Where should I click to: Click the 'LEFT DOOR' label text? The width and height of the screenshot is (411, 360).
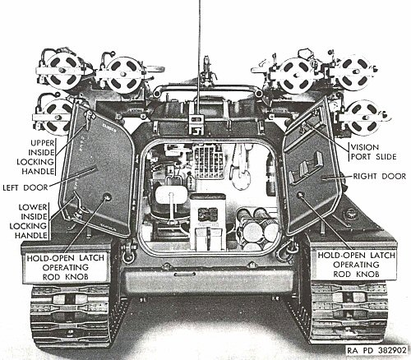pos(25,187)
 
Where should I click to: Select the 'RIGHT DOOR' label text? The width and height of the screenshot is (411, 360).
pos(380,176)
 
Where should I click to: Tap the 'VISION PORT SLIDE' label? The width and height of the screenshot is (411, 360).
pos(374,152)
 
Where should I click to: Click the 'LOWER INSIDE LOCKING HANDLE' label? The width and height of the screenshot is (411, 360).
pos(30,221)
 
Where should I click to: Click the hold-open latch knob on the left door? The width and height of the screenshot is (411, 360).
pos(107,196)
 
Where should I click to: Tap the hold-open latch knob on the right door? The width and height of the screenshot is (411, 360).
pos(301,195)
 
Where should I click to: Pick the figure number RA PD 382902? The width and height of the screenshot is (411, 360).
pos(376,350)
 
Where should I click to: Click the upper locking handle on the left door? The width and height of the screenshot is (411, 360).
pos(88,119)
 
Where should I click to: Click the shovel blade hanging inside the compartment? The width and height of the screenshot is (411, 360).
pos(242,178)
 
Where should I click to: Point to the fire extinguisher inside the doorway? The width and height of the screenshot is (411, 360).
pos(270,174)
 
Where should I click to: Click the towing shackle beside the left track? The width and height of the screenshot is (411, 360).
pos(129,252)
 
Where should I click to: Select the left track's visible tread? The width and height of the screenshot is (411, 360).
pos(70,316)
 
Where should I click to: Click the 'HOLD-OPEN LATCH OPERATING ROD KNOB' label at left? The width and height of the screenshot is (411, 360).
pos(66,267)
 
